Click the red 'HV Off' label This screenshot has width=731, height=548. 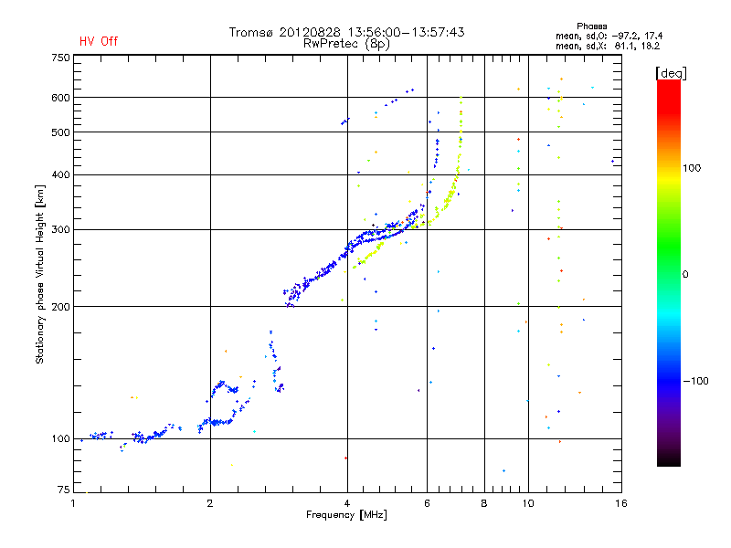98,41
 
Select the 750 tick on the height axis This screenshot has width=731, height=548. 60,57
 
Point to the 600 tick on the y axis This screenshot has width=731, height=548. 60,98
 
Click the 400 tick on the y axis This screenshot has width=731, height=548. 60,174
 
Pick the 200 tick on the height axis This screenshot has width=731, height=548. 60,306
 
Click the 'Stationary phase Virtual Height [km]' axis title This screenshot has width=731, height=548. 40,276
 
